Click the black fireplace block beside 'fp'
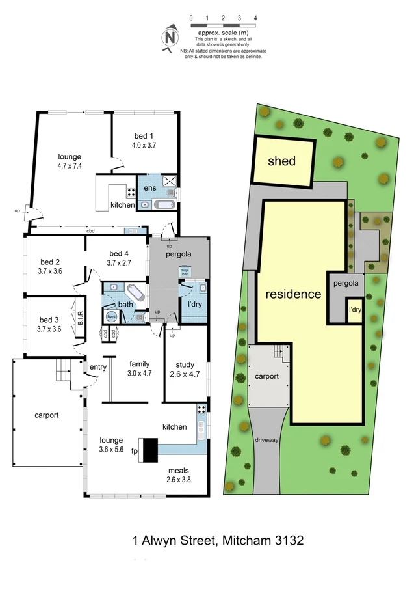pyautogui.click(x=150, y=449)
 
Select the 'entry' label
pyautogui.click(x=98, y=368)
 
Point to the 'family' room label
pyautogui.click(x=140, y=364)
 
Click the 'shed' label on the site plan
pyautogui.click(x=281, y=161)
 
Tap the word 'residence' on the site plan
pyautogui.click(x=293, y=294)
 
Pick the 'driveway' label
pyautogui.click(x=266, y=439)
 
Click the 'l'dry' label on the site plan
pyautogui.click(x=355, y=310)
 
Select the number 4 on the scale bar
pyautogui.click(x=256, y=18)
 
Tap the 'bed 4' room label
pyautogui.click(x=120, y=254)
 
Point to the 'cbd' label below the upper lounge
pyautogui.click(x=90, y=232)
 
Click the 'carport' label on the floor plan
pyautogui.click(x=47, y=415)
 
